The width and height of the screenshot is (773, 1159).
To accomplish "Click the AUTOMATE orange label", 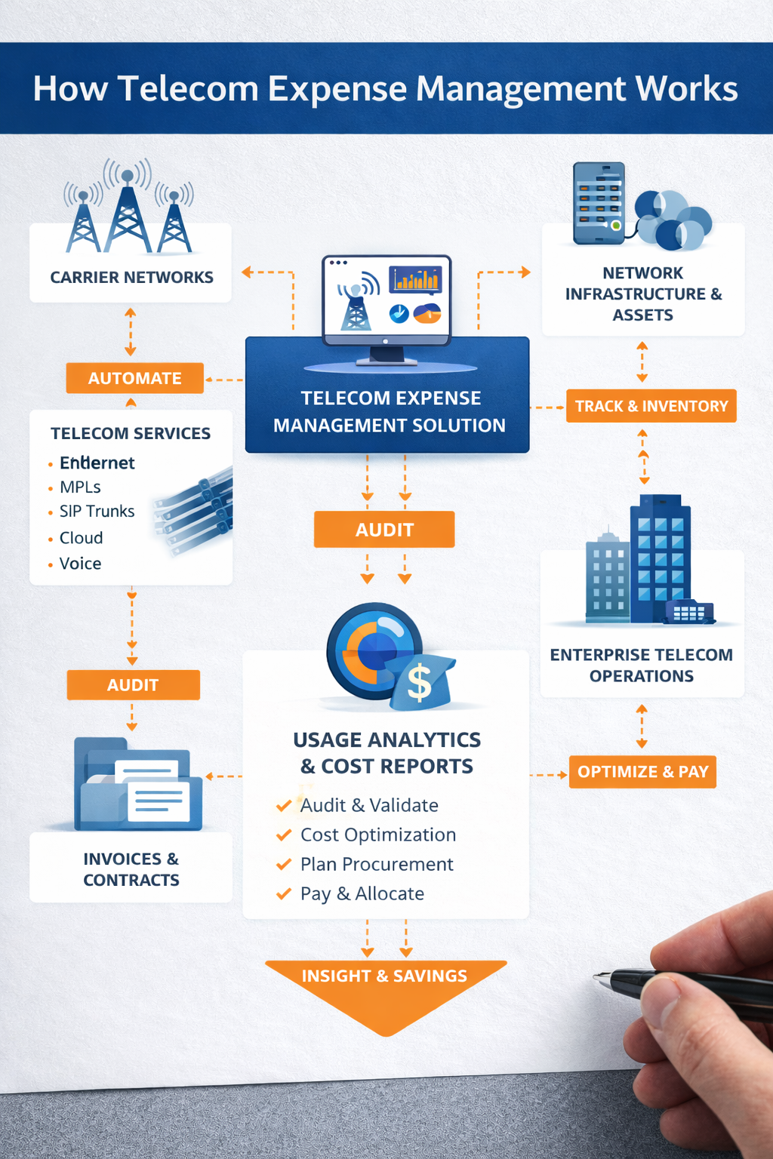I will pyautogui.click(x=134, y=378).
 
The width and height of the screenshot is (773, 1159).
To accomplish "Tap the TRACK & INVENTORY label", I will pyautogui.click(x=651, y=406).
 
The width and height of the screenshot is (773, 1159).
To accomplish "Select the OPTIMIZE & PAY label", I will pyautogui.click(x=642, y=771).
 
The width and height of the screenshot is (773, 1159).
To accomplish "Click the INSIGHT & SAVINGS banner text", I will pyautogui.click(x=384, y=976).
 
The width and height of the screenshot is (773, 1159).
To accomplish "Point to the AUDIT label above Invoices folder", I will pyautogui.click(x=133, y=684).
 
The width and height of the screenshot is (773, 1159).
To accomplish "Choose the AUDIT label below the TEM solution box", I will pyautogui.click(x=384, y=529).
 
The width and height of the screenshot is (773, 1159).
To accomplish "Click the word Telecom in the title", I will pyautogui.click(x=189, y=88).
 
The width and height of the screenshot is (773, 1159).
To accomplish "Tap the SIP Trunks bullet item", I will pyautogui.click(x=97, y=511).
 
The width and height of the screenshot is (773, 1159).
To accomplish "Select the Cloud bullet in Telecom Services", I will pyautogui.click(x=81, y=537).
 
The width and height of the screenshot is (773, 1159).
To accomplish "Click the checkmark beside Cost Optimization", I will pyautogui.click(x=284, y=835).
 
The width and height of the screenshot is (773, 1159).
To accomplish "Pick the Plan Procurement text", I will pyautogui.click(x=377, y=864).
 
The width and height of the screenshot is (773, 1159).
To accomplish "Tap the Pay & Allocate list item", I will pyautogui.click(x=362, y=893).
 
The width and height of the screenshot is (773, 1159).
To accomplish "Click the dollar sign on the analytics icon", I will pyautogui.click(x=419, y=683).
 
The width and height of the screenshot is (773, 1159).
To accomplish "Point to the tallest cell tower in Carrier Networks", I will pyautogui.click(x=128, y=211).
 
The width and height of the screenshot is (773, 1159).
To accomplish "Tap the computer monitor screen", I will pyautogui.click(x=386, y=297).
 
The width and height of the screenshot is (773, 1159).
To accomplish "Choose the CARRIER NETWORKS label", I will pyautogui.click(x=131, y=277).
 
